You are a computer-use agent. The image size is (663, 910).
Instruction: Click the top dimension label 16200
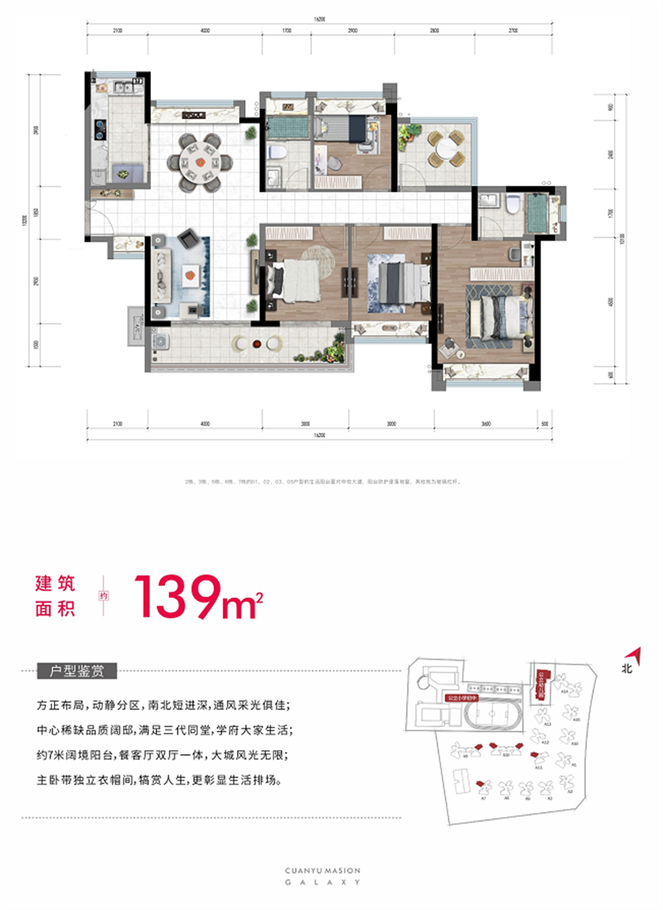click(x=320, y=17)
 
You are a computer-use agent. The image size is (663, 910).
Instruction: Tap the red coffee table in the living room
click(x=191, y=271)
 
